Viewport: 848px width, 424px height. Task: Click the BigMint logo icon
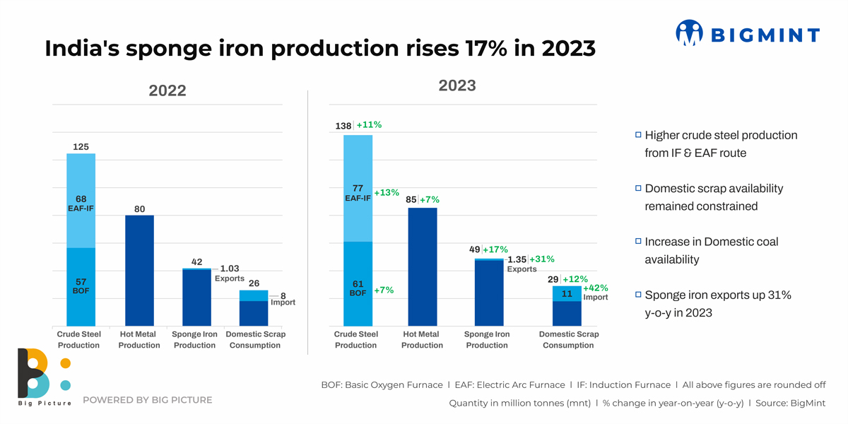[x=689, y=33]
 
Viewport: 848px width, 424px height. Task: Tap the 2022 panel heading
[x=167, y=90]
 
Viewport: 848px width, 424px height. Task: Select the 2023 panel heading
[x=457, y=86]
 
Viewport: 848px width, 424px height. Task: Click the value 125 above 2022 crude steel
[x=81, y=146]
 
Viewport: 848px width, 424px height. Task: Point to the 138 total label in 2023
[x=343, y=126]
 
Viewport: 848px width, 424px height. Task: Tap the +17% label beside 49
[x=495, y=249]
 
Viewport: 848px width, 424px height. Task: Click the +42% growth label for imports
[x=595, y=288]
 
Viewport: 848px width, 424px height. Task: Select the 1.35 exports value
[x=517, y=259]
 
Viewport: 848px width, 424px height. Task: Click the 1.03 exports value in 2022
[x=230, y=269]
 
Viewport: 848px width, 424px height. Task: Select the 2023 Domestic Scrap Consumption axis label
[x=568, y=340]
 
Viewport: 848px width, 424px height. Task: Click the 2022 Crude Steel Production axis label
[x=78, y=340]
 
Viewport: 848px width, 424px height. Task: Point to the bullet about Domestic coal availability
[x=711, y=250]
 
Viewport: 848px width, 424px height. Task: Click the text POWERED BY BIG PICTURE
[x=147, y=400]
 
